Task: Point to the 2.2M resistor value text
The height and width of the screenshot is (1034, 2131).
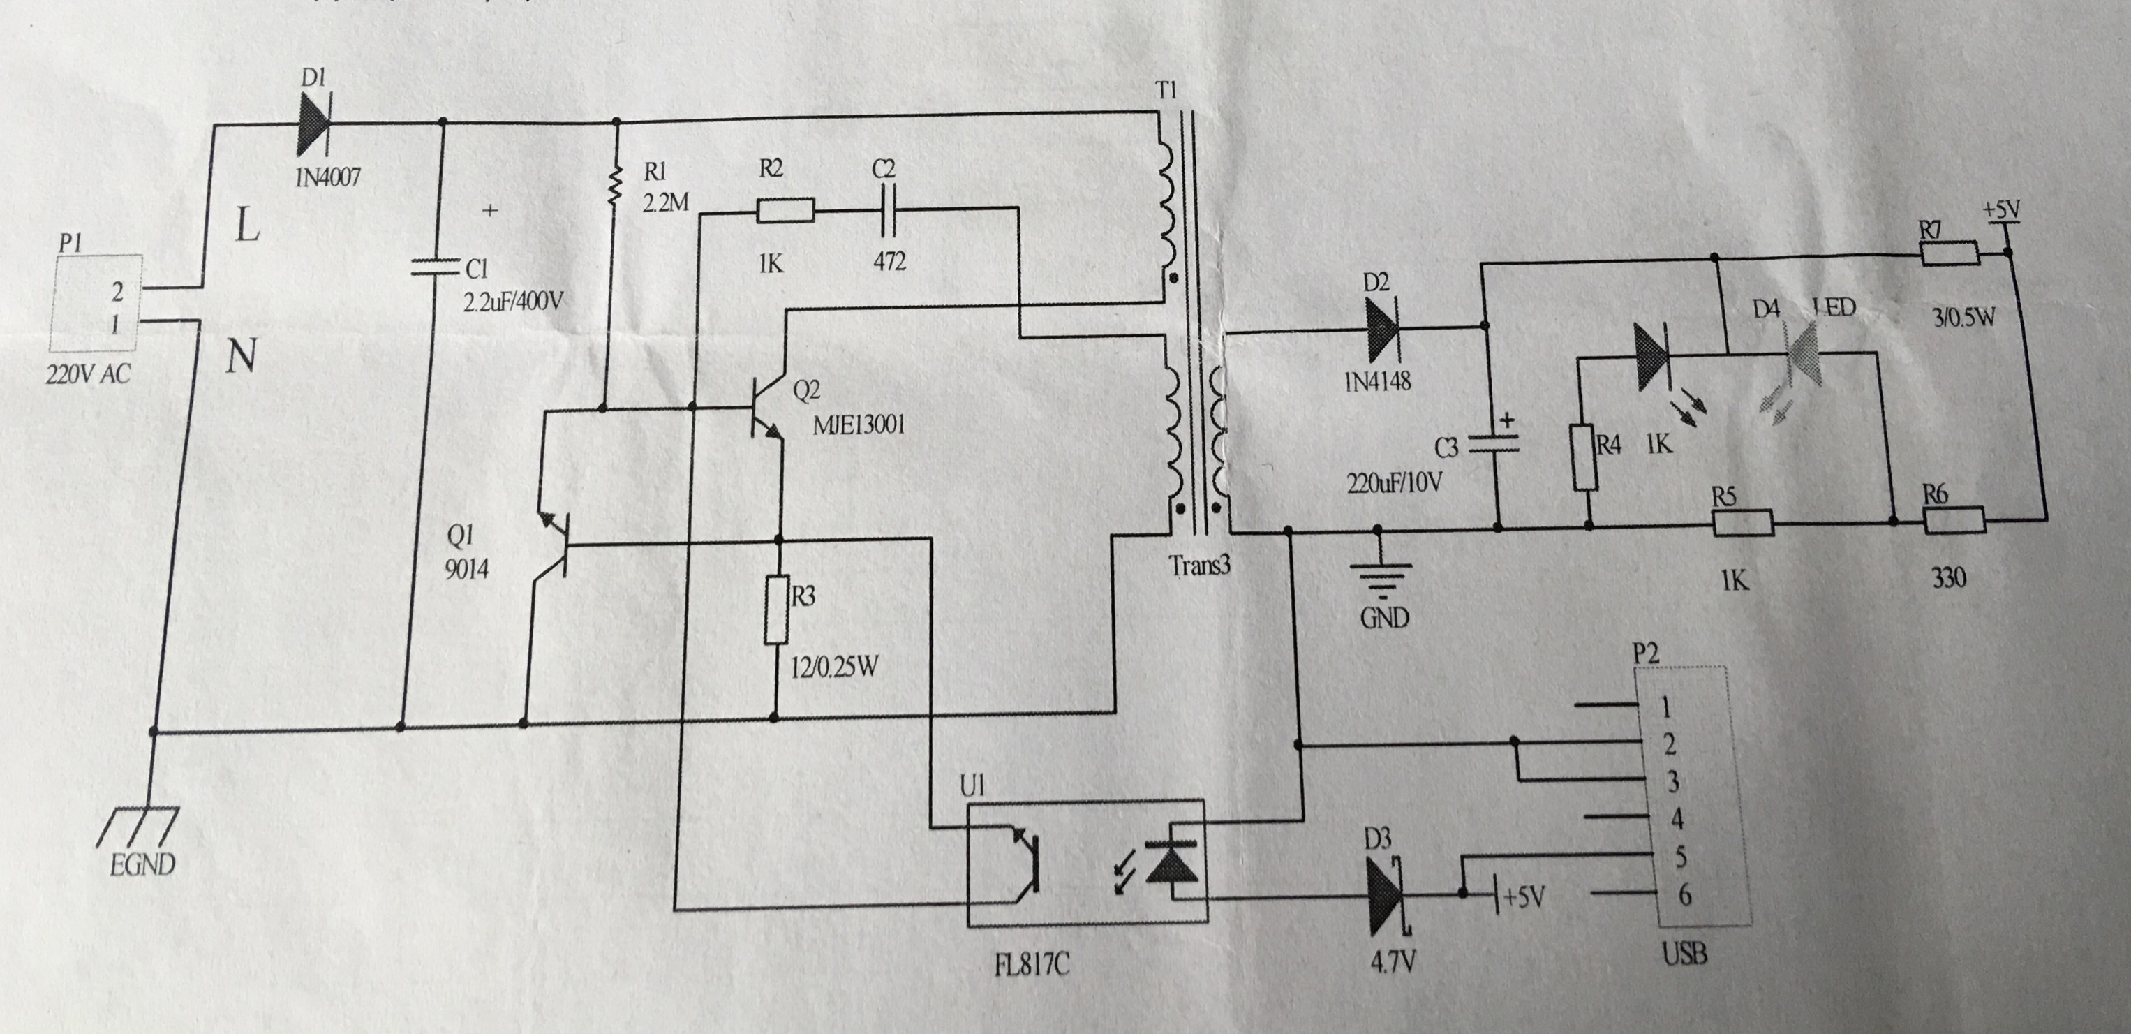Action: [x=666, y=202]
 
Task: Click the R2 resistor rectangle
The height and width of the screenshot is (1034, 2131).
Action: [x=785, y=212]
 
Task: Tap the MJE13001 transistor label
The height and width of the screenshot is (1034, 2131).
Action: [x=859, y=425]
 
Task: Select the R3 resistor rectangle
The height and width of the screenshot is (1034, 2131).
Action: [x=776, y=610]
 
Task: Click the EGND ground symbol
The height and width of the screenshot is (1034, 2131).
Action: [x=144, y=827]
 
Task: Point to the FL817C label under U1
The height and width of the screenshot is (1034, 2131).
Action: [x=1032, y=964]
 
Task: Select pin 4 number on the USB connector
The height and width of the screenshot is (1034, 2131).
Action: [x=1676, y=819]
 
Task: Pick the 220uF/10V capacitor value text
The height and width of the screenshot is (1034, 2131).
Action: [x=1394, y=482]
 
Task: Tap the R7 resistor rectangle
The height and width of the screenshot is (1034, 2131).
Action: [x=1949, y=254]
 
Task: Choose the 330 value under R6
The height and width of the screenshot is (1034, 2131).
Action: [x=1948, y=577]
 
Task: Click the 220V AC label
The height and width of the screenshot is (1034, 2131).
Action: [x=89, y=375]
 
